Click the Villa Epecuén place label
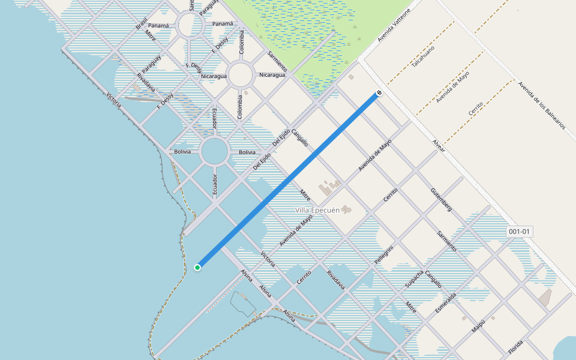(x=317, y=210)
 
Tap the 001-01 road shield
(x=520, y=232)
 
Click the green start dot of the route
(x=197, y=267)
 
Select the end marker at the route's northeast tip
(x=379, y=93)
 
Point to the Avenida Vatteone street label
(x=394, y=25)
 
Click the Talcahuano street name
(x=423, y=56)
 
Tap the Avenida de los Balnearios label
(x=542, y=106)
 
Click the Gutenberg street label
(x=441, y=200)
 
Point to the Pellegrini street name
(x=384, y=255)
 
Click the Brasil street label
(x=142, y=23)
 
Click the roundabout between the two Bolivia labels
(x=215, y=151)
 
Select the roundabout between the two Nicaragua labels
(x=240, y=76)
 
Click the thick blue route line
(x=288, y=180)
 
